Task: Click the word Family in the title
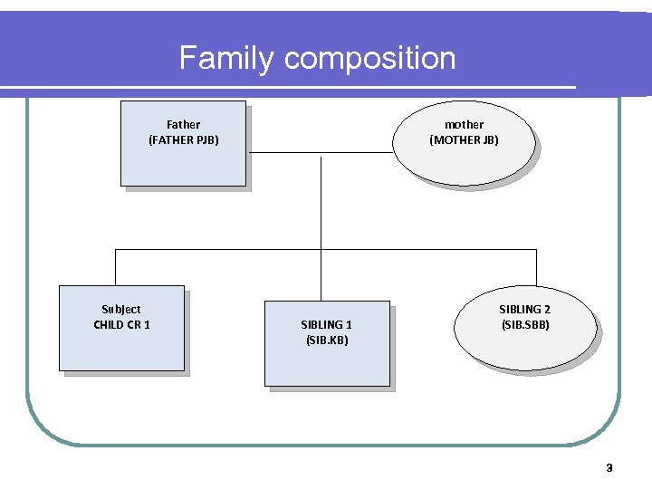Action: coord(226,58)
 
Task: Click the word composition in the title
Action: coord(369,60)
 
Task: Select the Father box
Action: coord(183,163)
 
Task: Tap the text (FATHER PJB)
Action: coord(183,140)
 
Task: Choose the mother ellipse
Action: coord(464,163)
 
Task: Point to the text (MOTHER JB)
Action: coord(464,140)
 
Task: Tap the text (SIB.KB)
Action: coord(326,340)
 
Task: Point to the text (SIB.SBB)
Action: coord(524,325)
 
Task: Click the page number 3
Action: coord(609,468)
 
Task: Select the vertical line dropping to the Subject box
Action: coord(115,267)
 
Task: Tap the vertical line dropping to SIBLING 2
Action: coord(536,267)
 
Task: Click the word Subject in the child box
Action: coord(120,310)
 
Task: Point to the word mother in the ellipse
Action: coord(464,124)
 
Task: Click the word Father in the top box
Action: coord(183,124)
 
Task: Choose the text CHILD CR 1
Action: coord(121,325)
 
